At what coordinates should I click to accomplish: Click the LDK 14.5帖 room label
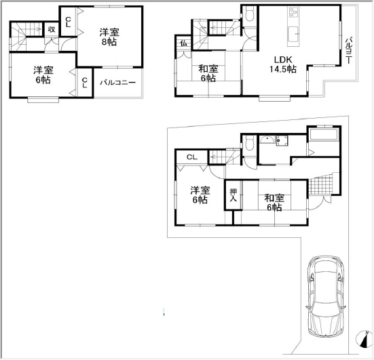283,64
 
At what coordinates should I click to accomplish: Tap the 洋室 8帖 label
109,37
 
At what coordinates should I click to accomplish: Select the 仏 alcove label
183,43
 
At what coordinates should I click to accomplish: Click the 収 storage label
52,29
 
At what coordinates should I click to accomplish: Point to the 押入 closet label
233,195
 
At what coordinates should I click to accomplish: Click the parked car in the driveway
326,296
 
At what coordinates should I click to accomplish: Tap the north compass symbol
364,338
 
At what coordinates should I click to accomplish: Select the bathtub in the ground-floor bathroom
324,135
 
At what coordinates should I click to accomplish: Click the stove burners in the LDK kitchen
293,12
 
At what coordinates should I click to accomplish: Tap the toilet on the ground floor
250,144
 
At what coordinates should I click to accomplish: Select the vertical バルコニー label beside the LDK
350,50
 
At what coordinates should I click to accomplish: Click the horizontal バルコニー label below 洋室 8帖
117,83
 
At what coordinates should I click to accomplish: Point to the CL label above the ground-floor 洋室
192,157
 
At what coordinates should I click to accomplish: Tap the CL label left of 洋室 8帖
68,22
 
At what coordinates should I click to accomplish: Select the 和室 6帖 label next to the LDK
208,73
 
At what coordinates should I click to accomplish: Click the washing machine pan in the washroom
282,140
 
